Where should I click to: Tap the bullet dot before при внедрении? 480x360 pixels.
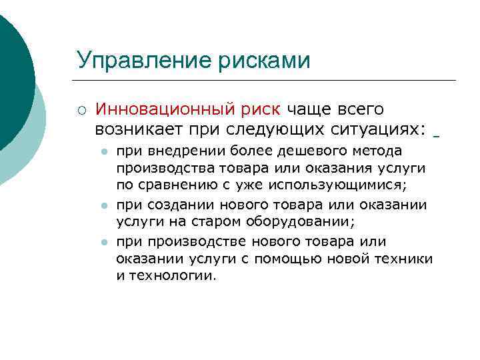point(104,152)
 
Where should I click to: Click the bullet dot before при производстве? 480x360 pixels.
point(104,243)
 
